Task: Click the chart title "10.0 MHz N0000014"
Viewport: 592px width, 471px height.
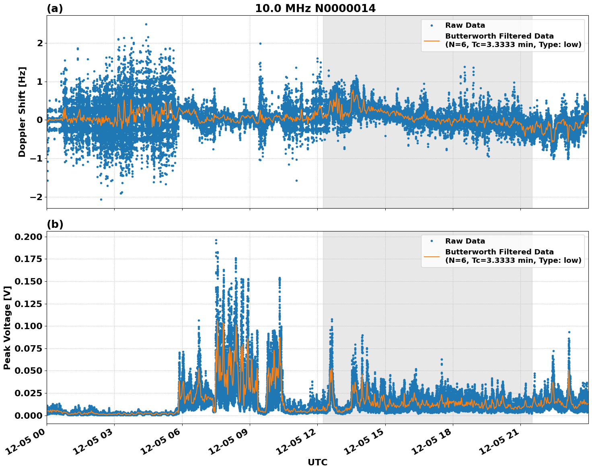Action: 315,8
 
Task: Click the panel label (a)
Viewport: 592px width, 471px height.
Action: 55,8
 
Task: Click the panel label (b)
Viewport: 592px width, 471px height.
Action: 55,224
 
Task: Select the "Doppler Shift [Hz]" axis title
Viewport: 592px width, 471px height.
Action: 22,112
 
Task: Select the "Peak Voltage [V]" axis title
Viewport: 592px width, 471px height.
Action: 7,328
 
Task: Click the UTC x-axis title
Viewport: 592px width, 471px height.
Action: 317,462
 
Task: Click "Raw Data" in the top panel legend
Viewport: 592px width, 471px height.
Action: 465,25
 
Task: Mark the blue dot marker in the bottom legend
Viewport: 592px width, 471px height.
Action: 432,241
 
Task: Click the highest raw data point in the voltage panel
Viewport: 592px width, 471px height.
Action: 216,240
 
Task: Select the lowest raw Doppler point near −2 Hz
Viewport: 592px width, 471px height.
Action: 101,199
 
